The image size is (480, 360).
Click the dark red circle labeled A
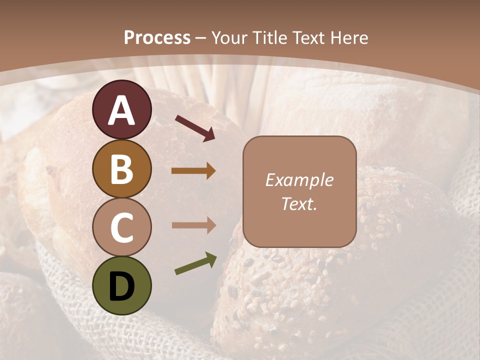pos(121,109)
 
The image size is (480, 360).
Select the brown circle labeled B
pos(121,168)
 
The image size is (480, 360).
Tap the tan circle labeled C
pos(121,227)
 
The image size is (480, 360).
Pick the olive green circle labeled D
pos(121,285)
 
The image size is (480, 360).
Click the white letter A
pos(121,110)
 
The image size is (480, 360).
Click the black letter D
pos(121,286)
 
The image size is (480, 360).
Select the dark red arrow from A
pos(195,128)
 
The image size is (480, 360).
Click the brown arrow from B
pos(193,171)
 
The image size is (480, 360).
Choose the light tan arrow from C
pos(193,225)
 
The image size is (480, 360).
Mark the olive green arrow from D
pos(195,264)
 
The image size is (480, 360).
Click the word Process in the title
pos(157,38)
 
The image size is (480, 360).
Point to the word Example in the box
pos(299,180)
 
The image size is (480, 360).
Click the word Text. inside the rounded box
pos(299,204)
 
